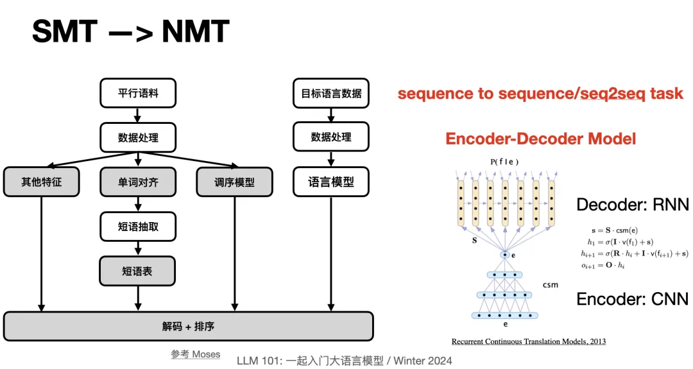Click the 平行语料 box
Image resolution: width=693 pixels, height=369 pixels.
(138, 93)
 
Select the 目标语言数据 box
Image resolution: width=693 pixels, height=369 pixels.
(331, 93)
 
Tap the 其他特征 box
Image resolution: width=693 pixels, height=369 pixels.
(41, 182)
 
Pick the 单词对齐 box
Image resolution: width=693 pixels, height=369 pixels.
(138, 182)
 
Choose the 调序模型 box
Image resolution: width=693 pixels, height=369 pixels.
(234, 182)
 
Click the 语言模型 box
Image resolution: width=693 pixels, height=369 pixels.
(331, 182)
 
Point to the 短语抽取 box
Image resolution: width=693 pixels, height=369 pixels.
(138, 227)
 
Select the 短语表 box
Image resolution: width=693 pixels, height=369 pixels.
(138, 271)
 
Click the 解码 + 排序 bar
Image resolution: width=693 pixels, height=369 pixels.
(188, 326)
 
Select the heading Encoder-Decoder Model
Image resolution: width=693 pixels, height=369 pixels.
(540, 138)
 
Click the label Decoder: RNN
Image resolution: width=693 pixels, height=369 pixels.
(632, 205)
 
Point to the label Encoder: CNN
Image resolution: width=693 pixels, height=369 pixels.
(632, 299)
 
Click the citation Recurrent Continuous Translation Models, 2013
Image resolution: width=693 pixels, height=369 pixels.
(528, 341)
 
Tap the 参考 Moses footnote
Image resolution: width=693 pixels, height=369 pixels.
(195, 354)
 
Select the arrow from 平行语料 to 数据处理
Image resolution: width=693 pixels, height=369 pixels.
(138, 115)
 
